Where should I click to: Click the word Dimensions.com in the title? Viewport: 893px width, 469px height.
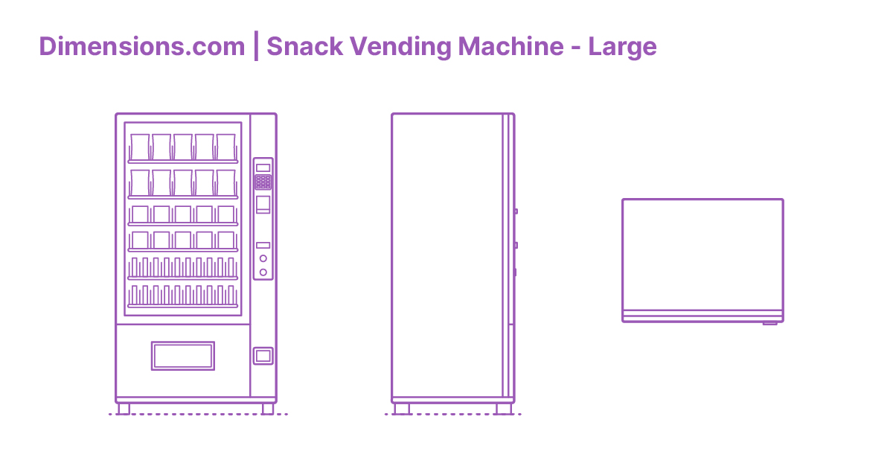click(x=141, y=47)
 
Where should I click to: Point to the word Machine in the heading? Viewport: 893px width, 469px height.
click(x=510, y=47)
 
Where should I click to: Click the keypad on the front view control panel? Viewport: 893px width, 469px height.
click(x=263, y=182)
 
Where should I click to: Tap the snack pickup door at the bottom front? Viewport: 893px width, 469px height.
click(x=183, y=356)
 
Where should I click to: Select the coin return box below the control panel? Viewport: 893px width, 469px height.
click(x=263, y=356)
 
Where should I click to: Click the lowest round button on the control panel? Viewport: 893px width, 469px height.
click(x=263, y=272)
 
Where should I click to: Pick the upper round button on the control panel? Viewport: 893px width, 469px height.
click(x=263, y=258)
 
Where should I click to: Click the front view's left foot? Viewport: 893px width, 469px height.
click(x=124, y=409)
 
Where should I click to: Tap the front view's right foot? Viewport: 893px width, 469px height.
click(x=268, y=409)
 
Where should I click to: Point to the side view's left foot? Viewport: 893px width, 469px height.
click(x=401, y=409)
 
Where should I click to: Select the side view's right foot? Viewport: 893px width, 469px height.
click(x=505, y=409)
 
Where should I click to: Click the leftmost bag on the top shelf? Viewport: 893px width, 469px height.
click(x=140, y=147)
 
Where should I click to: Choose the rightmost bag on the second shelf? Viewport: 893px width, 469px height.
click(x=226, y=182)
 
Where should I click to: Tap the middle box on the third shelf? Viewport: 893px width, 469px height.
click(x=183, y=214)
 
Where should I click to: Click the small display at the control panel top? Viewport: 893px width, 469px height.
click(x=263, y=167)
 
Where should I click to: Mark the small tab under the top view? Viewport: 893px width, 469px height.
click(x=769, y=324)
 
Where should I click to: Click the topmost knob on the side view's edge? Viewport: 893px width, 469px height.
click(x=515, y=211)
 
